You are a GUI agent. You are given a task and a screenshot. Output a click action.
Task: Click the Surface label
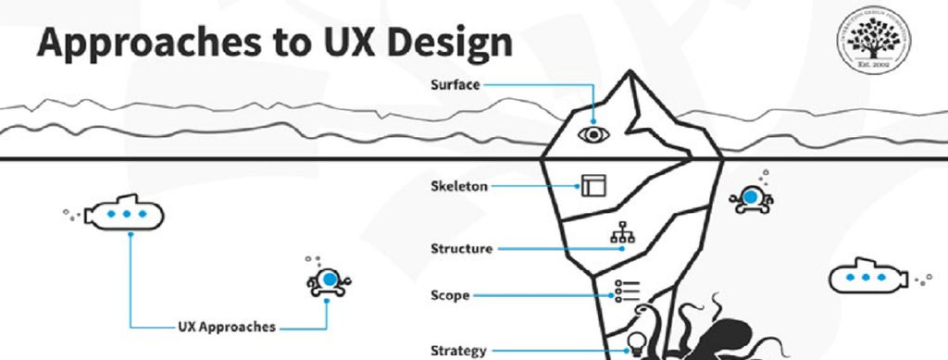(455, 84)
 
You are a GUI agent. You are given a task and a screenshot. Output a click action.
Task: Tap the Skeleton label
(459, 186)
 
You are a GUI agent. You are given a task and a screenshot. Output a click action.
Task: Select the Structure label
(461, 248)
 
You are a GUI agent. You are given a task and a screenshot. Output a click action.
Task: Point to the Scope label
(450, 296)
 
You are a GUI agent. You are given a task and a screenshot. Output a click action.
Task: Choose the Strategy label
(458, 350)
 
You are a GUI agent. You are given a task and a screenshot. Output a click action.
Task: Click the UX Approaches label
(226, 327)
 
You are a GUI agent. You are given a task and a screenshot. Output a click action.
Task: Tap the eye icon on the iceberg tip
(592, 134)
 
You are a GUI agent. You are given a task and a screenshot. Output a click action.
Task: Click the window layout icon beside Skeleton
(592, 185)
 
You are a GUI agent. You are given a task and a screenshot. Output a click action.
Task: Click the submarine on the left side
(126, 214)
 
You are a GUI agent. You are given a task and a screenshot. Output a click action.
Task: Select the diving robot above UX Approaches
(328, 280)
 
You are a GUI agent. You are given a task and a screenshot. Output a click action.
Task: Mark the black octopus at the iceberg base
(713, 333)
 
